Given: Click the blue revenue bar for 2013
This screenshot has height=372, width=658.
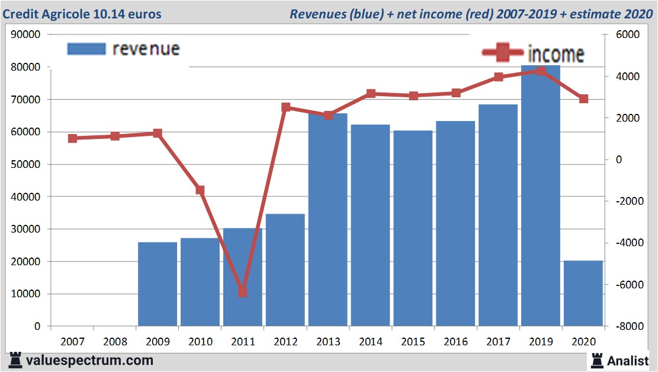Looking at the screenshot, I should [x=328, y=220].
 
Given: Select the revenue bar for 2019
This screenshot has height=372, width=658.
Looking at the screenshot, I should [x=540, y=196].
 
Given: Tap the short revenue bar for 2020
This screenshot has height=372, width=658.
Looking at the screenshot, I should [x=583, y=293].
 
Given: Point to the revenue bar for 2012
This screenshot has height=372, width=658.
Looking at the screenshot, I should [x=285, y=269].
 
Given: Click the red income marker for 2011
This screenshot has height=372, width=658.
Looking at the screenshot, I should [x=242, y=292].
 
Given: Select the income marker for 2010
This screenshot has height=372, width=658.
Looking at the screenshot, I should [x=200, y=190].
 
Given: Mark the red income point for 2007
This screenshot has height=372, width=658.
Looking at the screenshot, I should [x=73, y=138].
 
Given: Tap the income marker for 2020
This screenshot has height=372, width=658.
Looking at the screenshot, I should [x=583, y=99].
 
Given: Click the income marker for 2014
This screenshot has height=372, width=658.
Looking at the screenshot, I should [x=371, y=94].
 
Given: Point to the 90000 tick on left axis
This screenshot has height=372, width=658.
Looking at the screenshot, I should [x=26, y=34].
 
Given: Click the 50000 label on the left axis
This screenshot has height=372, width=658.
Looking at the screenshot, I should [x=26, y=164].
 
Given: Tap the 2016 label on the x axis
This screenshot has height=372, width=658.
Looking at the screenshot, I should [x=455, y=342].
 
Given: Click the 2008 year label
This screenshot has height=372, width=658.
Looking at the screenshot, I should [x=115, y=342].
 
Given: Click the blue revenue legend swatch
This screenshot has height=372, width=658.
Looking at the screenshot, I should [x=86, y=49].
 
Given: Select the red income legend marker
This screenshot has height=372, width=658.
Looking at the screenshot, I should [x=502, y=53].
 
